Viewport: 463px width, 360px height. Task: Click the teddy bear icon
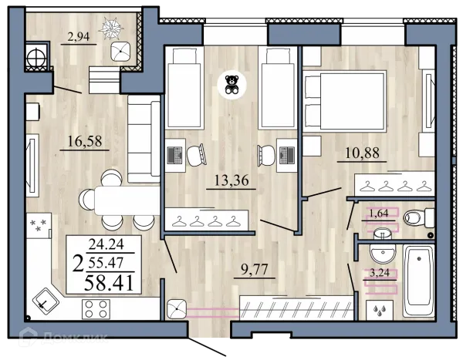point(231,85)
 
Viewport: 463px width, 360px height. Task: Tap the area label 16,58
point(85,141)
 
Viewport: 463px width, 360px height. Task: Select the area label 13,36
point(231,180)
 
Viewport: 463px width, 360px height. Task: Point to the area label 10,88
point(362,153)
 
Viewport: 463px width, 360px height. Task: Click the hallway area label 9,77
point(254,269)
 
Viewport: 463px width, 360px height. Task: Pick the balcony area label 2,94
point(79,38)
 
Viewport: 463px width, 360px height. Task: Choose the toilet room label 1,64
point(379,214)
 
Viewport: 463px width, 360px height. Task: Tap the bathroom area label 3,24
point(380,273)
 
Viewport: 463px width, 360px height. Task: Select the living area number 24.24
point(106,244)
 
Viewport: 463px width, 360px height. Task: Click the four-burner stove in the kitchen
point(96,309)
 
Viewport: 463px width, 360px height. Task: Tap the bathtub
point(418,281)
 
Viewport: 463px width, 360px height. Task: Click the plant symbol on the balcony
point(110,28)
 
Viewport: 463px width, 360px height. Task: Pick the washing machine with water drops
point(380,310)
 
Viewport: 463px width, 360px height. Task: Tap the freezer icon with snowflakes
point(39,225)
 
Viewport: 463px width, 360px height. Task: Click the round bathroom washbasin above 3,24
point(383,254)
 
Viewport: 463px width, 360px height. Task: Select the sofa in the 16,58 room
point(144,139)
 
